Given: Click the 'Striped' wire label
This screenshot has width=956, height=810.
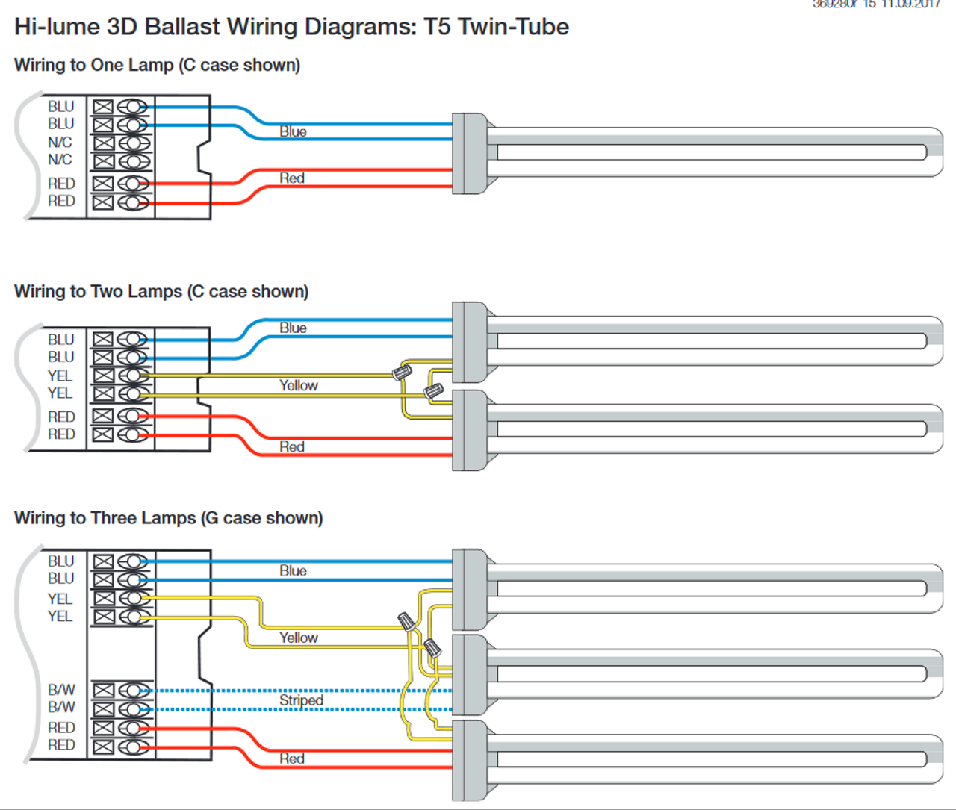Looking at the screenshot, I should click(301, 700).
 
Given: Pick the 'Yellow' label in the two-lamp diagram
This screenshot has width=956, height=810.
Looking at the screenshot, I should click(299, 385).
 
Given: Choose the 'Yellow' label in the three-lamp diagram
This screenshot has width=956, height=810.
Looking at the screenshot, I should click(299, 638).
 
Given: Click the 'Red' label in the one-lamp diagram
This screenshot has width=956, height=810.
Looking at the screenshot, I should click(292, 178).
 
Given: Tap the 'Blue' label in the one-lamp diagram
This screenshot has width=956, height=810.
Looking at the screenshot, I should click(293, 132).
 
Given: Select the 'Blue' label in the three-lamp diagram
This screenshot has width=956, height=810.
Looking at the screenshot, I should click(293, 570).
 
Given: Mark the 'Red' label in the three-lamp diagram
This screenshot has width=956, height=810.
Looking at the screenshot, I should click(292, 758).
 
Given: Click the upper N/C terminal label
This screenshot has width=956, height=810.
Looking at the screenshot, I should click(60, 143).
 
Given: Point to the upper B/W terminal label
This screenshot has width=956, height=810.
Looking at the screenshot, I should click(61, 690).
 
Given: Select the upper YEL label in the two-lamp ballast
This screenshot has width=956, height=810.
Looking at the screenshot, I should click(60, 376).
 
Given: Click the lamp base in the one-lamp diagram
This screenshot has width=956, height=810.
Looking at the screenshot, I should click(470, 154).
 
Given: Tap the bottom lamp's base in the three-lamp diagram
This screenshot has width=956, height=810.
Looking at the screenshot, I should click(470, 760).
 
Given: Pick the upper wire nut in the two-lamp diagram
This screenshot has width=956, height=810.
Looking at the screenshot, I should click(403, 370).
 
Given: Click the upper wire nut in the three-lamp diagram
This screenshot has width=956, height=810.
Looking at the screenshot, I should click(406, 620).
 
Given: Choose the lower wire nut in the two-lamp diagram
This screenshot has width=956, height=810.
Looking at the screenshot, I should click(433, 390).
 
